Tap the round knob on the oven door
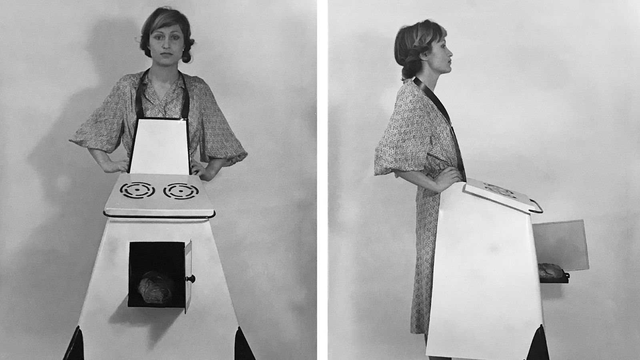[192, 278]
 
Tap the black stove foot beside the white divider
[245, 344]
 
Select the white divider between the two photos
[322, 180]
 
